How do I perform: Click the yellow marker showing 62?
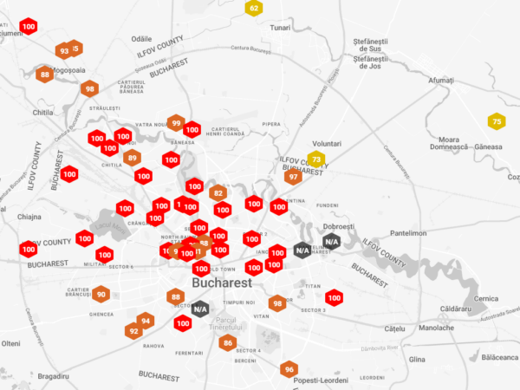[x=254, y=8]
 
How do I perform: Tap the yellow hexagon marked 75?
[x=497, y=122]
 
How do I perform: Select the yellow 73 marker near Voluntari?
[x=316, y=159]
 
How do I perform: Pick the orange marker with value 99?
[x=176, y=123]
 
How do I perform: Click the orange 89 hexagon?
[x=132, y=158]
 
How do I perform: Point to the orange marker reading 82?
[x=218, y=193]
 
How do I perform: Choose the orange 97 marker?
[x=293, y=177]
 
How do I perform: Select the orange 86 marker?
[x=228, y=343]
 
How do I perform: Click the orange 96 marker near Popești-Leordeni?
[x=289, y=370]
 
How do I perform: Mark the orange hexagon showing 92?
[x=133, y=331]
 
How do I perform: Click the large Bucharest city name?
[x=222, y=283]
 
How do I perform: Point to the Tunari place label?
[x=280, y=29]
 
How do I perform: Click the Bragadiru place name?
[x=53, y=376]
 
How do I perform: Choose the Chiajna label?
[x=29, y=217]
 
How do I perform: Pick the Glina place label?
[x=418, y=359]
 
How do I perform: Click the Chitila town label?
[x=42, y=113]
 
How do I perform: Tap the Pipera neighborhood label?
[x=271, y=125]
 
